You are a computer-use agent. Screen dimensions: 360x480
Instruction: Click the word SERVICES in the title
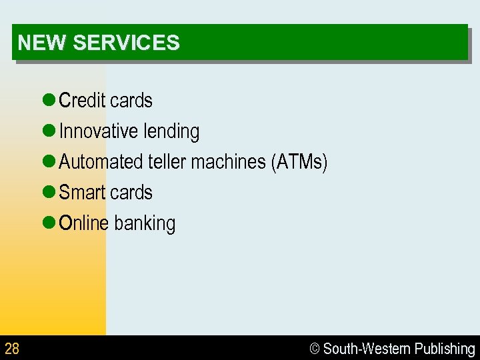click(126, 43)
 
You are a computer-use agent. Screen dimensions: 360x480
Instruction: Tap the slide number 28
click(12, 348)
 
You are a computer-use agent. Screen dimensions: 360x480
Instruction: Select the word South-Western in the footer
click(367, 349)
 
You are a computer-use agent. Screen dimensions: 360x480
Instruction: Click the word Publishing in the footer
click(445, 349)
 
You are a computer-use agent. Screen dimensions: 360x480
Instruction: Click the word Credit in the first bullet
click(82, 101)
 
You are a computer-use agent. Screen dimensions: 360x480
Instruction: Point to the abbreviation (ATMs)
click(299, 162)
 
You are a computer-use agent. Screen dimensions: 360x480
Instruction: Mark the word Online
click(83, 223)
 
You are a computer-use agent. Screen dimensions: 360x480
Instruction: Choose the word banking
click(145, 224)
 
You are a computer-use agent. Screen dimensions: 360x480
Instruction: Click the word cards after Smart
click(131, 193)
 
